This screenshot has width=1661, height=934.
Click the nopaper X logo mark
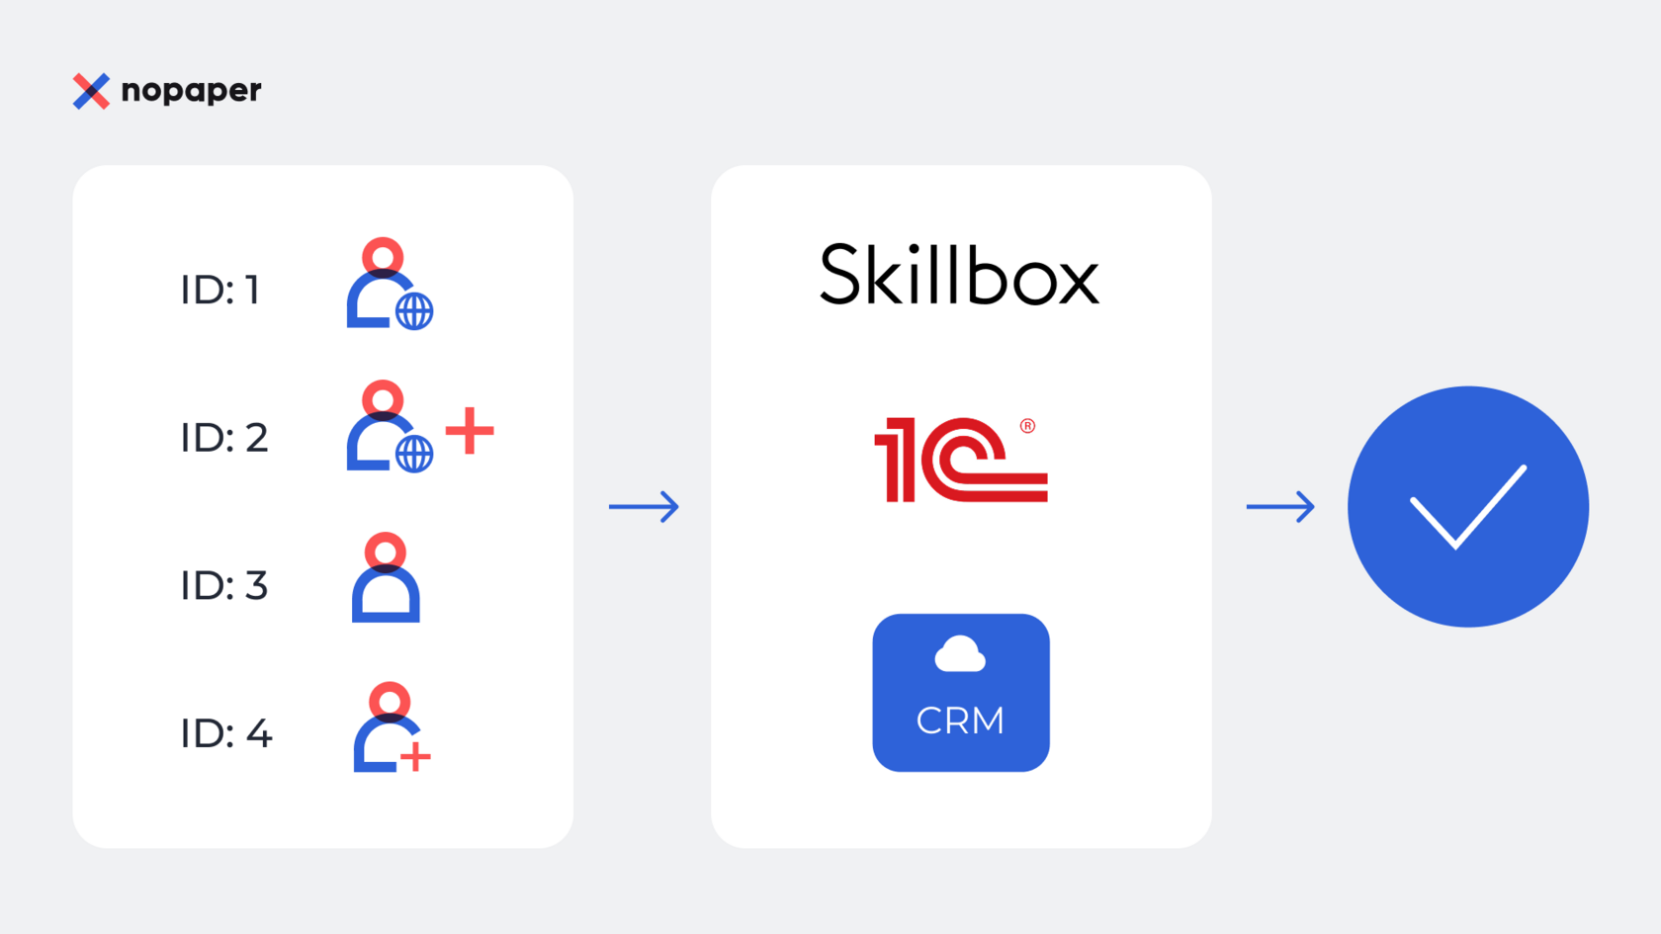coord(91,91)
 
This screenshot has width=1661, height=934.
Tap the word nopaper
coord(191,91)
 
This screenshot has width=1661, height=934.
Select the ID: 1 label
coord(219,291)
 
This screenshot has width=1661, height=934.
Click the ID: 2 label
coord(224,438)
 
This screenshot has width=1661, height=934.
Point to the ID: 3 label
coord(224,586)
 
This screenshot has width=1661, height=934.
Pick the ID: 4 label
coord(226,733)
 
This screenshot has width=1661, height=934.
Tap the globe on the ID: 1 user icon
coord(414,311)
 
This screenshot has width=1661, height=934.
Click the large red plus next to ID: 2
coord(470,431)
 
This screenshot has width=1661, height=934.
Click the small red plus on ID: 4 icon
coord(415,757)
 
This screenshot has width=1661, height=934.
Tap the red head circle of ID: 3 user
coord(386,551)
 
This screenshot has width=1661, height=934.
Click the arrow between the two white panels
coord(644,507)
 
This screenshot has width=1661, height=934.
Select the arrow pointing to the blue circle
coord(1280,507)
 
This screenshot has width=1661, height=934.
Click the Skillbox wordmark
coord(959,276)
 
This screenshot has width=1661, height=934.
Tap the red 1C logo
coord(959,461)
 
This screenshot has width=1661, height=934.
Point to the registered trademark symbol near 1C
coord(1028,426)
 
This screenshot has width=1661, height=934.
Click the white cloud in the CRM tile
coord(960,654)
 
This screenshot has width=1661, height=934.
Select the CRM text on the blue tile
coord(960,722)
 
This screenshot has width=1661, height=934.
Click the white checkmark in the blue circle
coord(1467,506)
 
